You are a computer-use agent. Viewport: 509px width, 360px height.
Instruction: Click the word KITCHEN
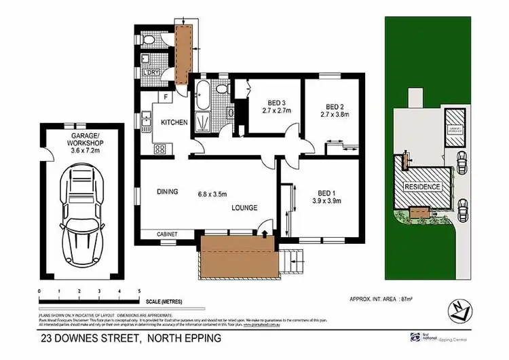[174, 122]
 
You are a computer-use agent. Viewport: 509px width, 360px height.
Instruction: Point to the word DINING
[166, 192]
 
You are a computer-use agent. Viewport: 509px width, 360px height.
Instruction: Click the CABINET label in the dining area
[167, 234]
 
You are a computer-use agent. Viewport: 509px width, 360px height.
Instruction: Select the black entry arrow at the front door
[265, 233]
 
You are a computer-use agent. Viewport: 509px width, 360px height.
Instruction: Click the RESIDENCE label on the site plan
[423, 187]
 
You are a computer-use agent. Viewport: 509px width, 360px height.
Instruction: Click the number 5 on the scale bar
[138, 290]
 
